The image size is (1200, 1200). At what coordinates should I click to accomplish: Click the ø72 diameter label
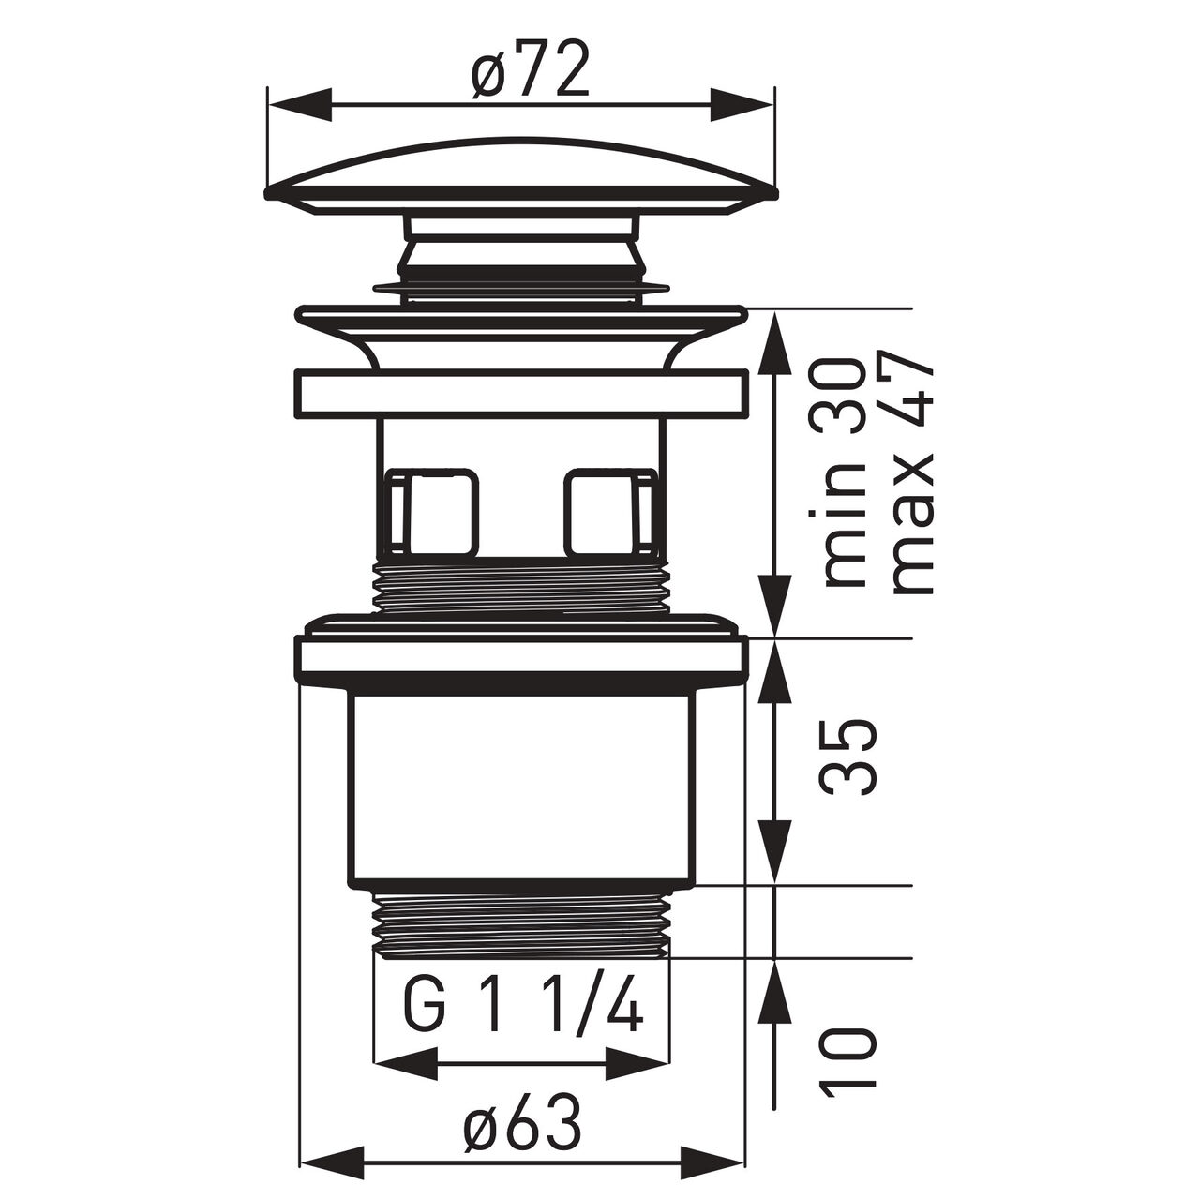530,69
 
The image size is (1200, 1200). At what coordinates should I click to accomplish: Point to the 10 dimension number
849,1049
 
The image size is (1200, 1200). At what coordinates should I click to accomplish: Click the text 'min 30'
844,472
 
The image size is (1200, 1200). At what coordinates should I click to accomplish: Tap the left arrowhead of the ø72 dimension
298,105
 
